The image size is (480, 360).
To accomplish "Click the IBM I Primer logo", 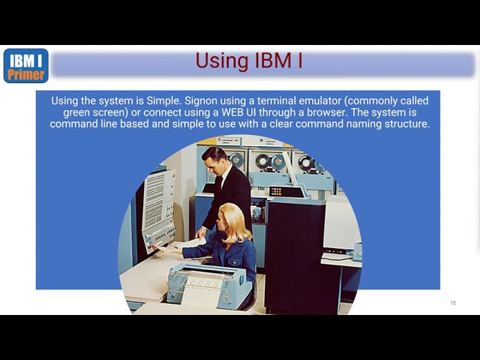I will coord(25,65).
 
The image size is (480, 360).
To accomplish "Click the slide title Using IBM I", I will coord(249,61).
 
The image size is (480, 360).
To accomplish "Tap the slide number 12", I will coord(453,303).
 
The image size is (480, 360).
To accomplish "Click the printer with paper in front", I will coord(208,283).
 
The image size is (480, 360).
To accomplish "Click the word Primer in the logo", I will coord(25,75).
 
